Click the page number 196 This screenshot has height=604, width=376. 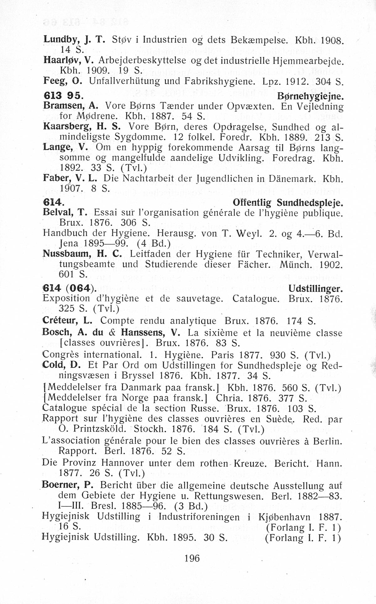click(x=192, y=558)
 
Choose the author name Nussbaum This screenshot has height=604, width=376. click(x=65, y=254)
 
